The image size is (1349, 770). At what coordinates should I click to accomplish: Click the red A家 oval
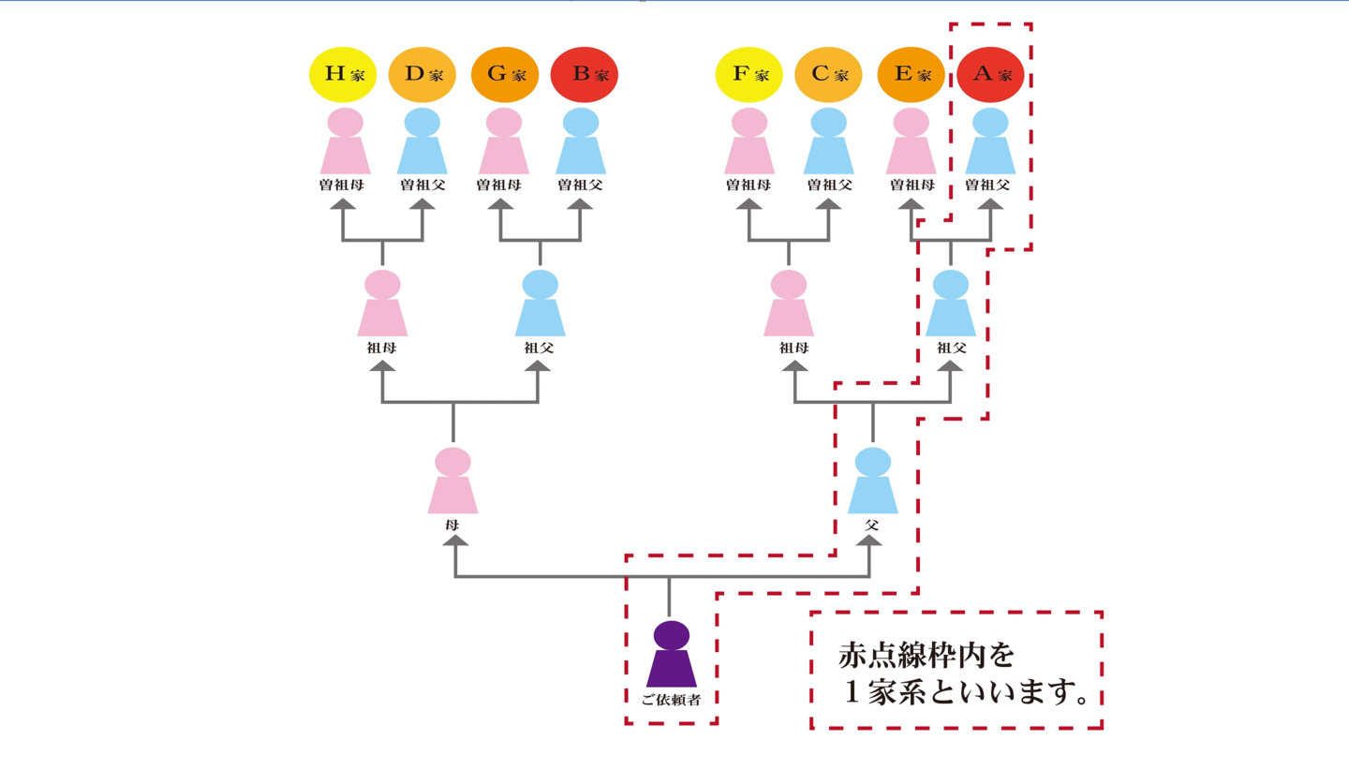(991, 74)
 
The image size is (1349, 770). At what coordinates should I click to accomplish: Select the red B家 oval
(584, 74)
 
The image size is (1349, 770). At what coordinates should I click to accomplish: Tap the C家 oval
(828, 74)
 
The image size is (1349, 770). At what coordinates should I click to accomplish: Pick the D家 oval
(422, 74)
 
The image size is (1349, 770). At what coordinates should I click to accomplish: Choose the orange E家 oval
(911, 74)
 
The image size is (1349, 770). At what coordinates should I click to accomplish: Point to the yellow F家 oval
(749, 74)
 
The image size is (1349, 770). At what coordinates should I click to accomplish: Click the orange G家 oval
(504, 74)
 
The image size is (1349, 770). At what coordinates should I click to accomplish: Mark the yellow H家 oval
(342, 74)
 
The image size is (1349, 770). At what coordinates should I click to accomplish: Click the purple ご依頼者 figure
(672, 655)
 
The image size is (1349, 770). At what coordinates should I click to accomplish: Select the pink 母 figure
(453, 481)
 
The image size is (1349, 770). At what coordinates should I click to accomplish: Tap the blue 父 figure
(873, 481)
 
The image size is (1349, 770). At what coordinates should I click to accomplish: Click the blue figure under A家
(991, 141)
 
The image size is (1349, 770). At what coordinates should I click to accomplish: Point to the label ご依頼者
(672, 700)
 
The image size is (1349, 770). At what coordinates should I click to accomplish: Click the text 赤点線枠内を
(926, 655)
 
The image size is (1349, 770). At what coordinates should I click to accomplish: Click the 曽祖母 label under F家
(749, 185)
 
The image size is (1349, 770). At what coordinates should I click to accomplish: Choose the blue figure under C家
(828, 141)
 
